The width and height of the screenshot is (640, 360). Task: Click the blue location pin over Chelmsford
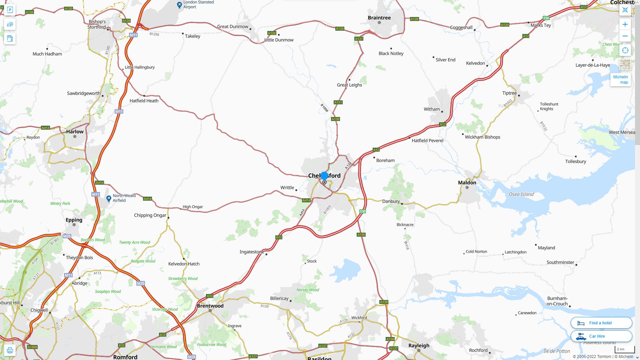[324, 176]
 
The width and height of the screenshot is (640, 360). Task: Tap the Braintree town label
[379, 18]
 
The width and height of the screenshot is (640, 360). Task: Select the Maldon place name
[467, 182]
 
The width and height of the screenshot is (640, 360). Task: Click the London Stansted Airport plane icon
[179, 5]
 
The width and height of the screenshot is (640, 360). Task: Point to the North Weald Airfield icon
[109, 198]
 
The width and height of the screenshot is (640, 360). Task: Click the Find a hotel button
[601, 323]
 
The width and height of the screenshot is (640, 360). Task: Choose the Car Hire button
[601, 336]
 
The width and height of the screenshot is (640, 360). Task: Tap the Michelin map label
[620, 79]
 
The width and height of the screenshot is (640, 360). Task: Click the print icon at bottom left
[10, 350]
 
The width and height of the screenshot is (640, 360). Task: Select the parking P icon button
[10, 10]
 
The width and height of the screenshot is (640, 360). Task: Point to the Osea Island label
[521, 194]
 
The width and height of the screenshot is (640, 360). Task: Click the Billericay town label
[279, 298]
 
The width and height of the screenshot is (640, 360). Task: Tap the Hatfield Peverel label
[427, 140]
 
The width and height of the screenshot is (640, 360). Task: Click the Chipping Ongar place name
[150, 215]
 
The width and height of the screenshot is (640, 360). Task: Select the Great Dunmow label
[233, 26]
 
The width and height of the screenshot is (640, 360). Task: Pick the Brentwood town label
[210, 306]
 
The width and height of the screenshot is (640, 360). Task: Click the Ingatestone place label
[252, 252]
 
